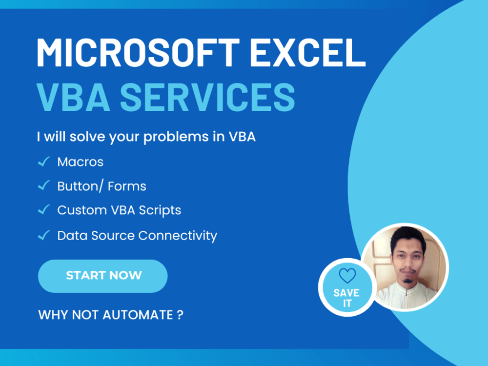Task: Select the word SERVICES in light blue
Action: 207,96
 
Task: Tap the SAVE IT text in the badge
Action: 346,298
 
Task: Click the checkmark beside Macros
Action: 44,162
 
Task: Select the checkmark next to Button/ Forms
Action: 44,185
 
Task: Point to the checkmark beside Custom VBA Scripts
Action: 44,210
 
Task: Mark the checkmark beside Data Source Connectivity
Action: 44,235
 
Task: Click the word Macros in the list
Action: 80,162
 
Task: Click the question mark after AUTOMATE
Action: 180,315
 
